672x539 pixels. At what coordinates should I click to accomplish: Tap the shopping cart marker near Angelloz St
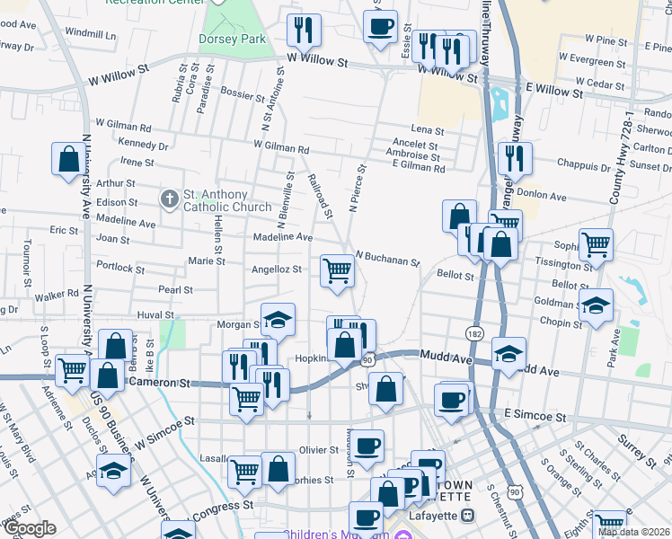pos(337,270)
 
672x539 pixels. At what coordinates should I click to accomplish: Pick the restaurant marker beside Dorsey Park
pos(304,31)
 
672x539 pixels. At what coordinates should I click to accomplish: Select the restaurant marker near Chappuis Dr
pos(515,159)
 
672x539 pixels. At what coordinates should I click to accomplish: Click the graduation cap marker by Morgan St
pos(279,321)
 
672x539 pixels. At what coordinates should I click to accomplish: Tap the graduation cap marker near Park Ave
pos(596,305)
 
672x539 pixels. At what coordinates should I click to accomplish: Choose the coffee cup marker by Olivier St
pos(366,445)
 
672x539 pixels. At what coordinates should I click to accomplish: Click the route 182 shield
pos(474,333)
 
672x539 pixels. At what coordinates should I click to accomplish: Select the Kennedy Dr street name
pos(143,145)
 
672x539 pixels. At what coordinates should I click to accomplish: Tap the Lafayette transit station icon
pos(466,515)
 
